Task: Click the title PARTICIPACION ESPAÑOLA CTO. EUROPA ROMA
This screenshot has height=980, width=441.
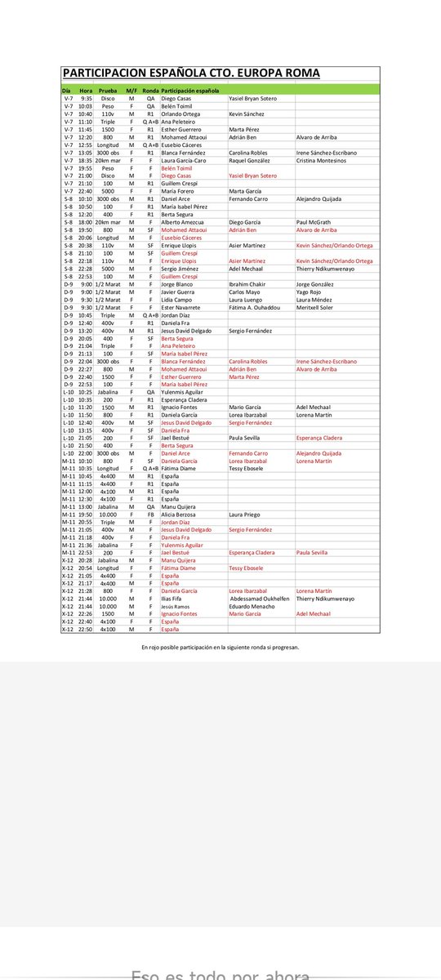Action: coord(191,73)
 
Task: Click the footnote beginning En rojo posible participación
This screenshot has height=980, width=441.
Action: coord(220,647)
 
